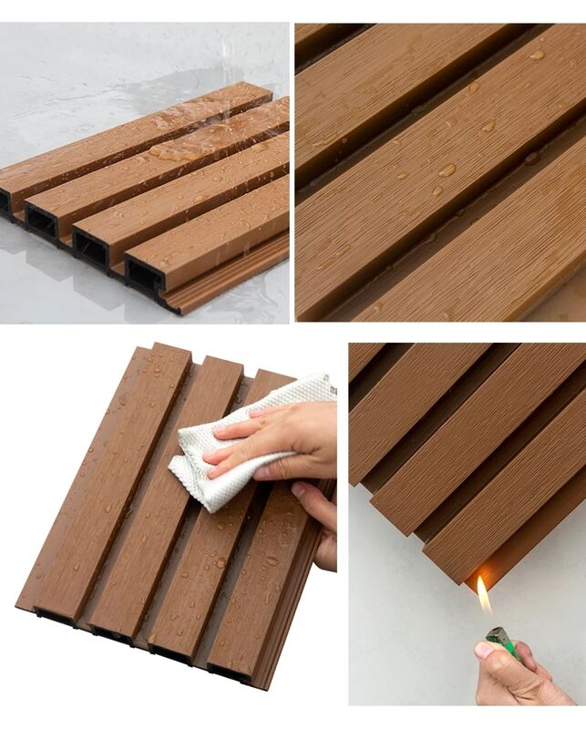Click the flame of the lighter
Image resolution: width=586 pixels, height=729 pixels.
(484, 600)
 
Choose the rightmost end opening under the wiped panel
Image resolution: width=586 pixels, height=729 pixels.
(228, 673)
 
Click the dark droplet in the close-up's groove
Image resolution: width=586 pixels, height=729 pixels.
(530, 159)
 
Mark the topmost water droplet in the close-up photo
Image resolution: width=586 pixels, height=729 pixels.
(538, 56)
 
